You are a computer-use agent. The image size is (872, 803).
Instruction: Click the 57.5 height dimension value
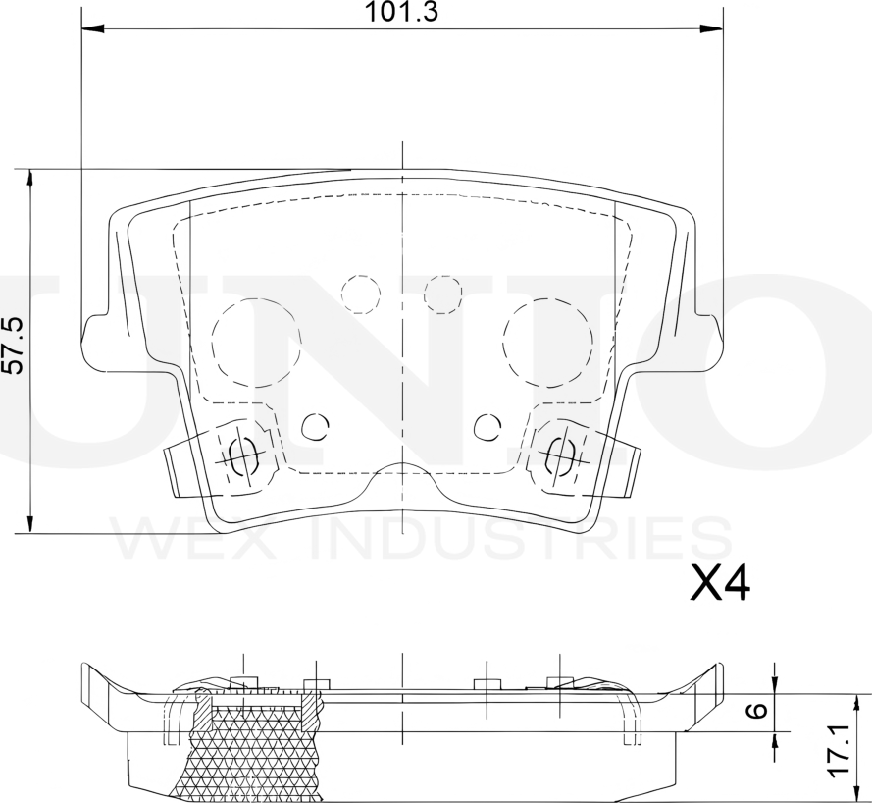[x=12, y=346]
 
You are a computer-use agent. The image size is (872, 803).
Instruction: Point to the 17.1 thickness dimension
[x=838, y=752]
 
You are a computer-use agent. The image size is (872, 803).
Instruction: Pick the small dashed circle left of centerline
[x=360, y=294]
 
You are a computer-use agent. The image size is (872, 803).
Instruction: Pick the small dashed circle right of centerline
[x=442, y=294]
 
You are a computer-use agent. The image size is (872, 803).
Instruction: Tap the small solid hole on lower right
[x=487, y=426]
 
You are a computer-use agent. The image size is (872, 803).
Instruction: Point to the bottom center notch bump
[x=401, y=468]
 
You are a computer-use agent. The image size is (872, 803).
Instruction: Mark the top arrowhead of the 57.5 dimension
[x=30, y=177]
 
